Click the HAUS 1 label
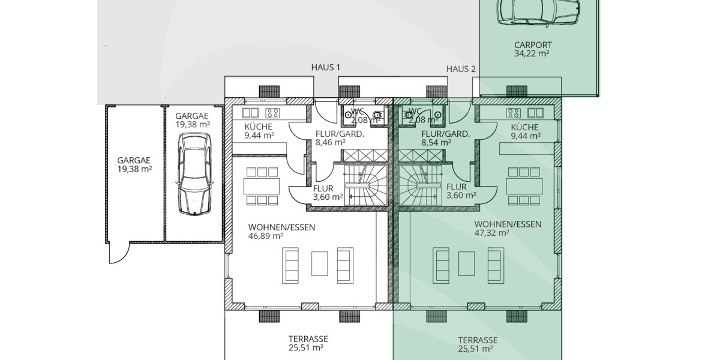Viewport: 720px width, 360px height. point(325,68)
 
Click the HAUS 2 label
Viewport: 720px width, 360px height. point(461,70)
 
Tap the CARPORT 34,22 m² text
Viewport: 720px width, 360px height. point(533,49)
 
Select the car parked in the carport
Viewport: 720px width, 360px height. point(539,10)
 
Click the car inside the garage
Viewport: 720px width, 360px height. point(194,173)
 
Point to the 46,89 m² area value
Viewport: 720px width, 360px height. point(266,236)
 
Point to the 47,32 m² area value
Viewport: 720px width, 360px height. point(492,233)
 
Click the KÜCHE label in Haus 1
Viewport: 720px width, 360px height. point(259,127)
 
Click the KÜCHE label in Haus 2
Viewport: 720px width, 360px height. point(525,127)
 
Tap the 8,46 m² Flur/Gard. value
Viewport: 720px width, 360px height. point(331,143)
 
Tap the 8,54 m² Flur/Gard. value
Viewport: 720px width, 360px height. point(437,143)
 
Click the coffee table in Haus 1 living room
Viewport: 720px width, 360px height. point(319,265)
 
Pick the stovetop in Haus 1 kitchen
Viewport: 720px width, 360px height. point(273,112)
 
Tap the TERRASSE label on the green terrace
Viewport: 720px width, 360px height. point(478,339)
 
